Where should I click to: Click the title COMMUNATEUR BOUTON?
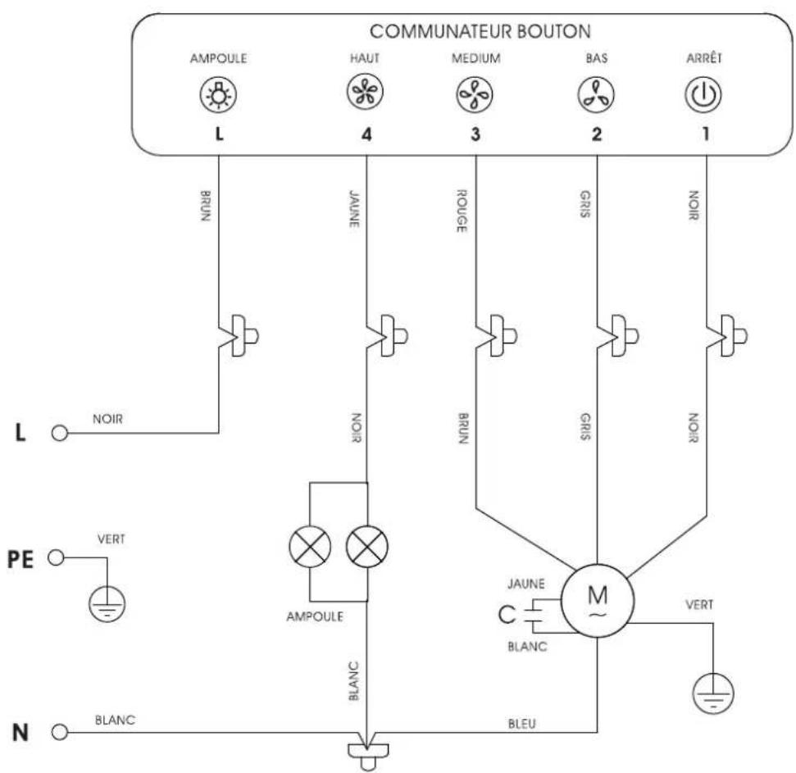coord(480,31)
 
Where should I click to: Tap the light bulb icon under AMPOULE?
coord(218,94)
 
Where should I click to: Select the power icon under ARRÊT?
coord(703,94)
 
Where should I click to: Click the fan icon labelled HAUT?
coord(365,92)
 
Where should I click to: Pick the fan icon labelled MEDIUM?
coord(474,95)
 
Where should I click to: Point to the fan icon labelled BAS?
coord(596,95)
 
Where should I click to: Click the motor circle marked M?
coord(598,600)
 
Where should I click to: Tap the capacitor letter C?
coord(506,615)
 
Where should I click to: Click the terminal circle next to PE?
coord(56,557)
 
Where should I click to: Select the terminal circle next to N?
coord(59,732)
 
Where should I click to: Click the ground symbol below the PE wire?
coord(107,603)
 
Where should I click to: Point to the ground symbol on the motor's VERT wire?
coord(713,693)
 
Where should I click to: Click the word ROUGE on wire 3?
coord(462,211)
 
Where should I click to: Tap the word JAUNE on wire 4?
coord(354,208)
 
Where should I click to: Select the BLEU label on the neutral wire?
coord(522,724)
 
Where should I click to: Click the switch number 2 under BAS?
coord(597,134)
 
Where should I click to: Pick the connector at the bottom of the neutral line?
coord(368,753)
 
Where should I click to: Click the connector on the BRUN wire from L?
coord(239,336)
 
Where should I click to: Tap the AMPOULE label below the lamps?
coord(315,616)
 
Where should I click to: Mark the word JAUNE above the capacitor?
coord(526,584)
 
